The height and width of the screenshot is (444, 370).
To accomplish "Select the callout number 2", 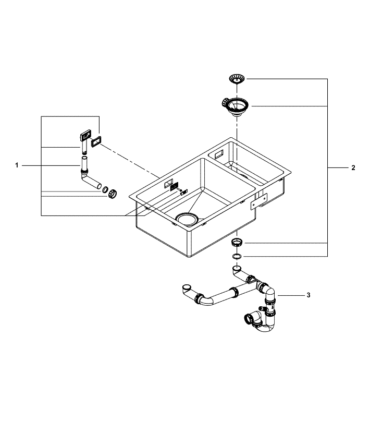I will pos(353,168).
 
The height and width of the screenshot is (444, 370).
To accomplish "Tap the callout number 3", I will pos(308,295).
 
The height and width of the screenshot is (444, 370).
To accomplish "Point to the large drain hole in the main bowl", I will pos(186,218).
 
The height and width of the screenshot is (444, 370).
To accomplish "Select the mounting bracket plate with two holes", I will pos(258,201).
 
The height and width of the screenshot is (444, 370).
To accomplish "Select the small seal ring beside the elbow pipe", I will pos(105,189).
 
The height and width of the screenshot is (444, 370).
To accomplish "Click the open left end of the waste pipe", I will pos(186,287).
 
